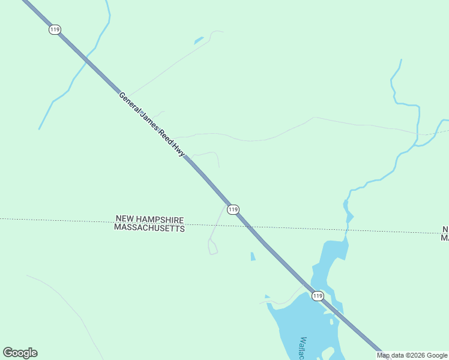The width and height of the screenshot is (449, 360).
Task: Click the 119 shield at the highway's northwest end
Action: (55, 29)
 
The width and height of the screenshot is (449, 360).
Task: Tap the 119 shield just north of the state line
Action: (234, 209)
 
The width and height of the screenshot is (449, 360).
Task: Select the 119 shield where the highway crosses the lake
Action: (318, 296)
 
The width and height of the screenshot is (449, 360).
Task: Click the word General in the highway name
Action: (130, 103)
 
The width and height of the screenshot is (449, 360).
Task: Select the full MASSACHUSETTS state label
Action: (149, 228)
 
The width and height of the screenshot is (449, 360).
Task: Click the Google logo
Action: (20, 353)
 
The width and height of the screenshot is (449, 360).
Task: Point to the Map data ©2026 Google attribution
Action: (412, 355)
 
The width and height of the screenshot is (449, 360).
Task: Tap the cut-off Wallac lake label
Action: (304, 348)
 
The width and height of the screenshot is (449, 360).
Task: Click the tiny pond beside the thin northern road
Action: (198, 41)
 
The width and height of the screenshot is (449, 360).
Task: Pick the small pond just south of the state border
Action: (253, 256)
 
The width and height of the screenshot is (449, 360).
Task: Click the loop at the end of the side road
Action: (212, 247)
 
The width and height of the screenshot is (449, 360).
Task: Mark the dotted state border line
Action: (60, 220)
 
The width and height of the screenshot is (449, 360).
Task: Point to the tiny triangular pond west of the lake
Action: (267, 296)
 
